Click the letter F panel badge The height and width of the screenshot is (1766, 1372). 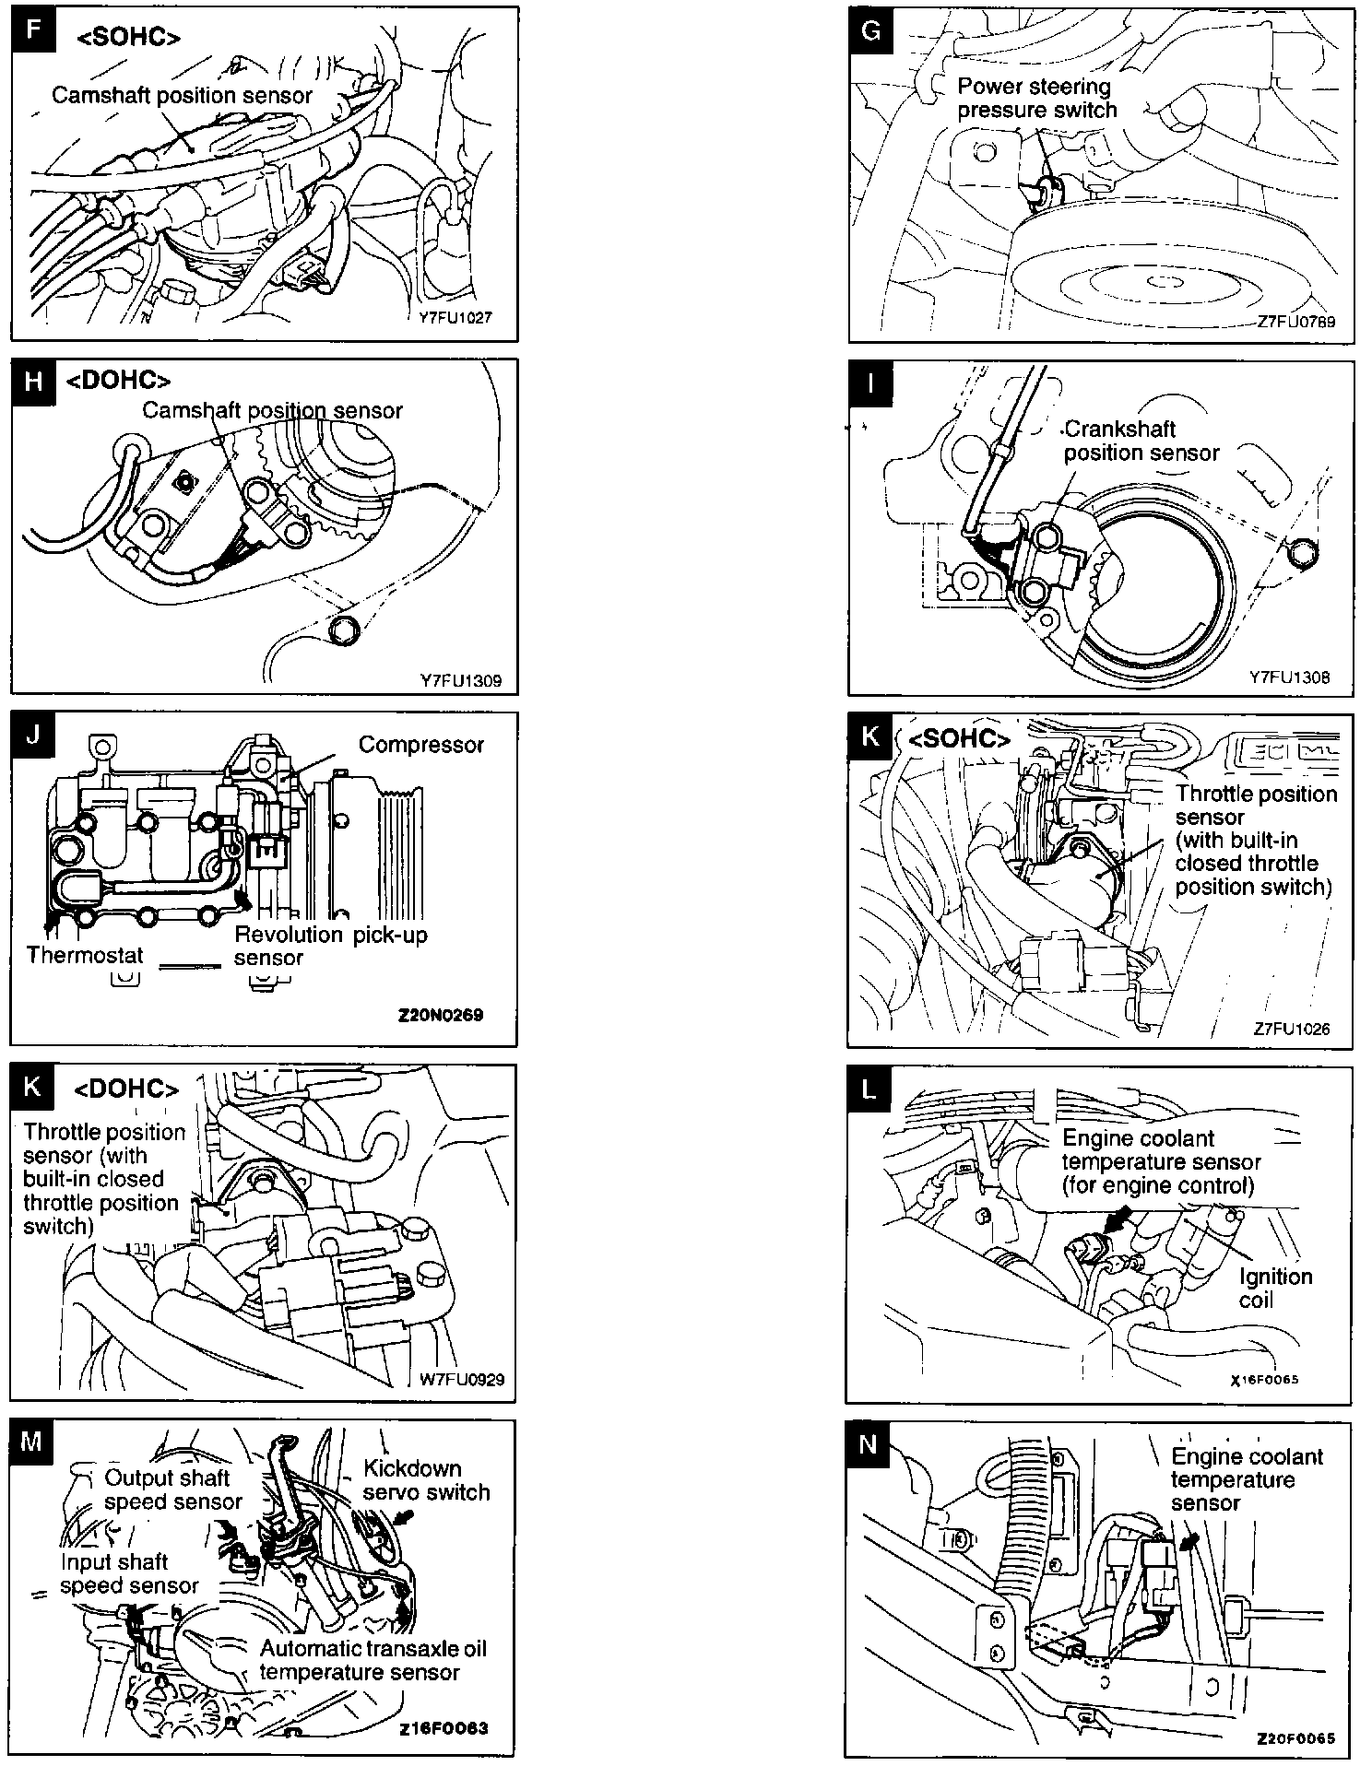click(34, 29)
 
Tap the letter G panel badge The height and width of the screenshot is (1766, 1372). click(870, 30)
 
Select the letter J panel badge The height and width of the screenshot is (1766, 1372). click(33, 735)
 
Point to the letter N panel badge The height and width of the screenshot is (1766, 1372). click(868, 1443)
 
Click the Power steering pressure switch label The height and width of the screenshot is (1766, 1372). click(1036, 99)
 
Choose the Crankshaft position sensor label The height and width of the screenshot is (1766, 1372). click(1141, 441)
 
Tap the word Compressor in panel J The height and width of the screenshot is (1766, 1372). click(420, 745)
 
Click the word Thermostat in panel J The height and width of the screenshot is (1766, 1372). click(85, 955)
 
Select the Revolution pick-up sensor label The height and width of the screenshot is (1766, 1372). click(330, 946)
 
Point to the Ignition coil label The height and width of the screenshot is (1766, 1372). click(1275, 1289)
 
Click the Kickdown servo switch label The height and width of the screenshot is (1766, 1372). click(426, 1480)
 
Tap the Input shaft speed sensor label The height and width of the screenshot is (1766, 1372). click(129, 1573)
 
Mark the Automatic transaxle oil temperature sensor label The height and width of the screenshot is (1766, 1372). click(372, 1660)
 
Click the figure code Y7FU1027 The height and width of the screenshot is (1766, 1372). click(455, 318)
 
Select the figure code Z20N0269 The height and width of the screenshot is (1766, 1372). click(440, 1016)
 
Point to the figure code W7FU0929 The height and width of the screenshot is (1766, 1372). click(462, 1380)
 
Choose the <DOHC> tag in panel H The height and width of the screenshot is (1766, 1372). click(118, 381)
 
